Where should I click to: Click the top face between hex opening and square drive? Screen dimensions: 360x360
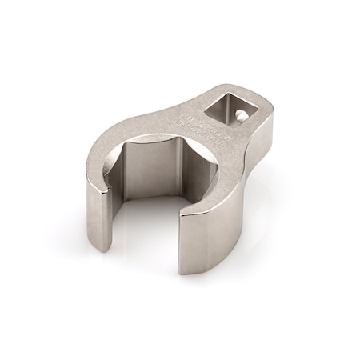click(x=192, y=120)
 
